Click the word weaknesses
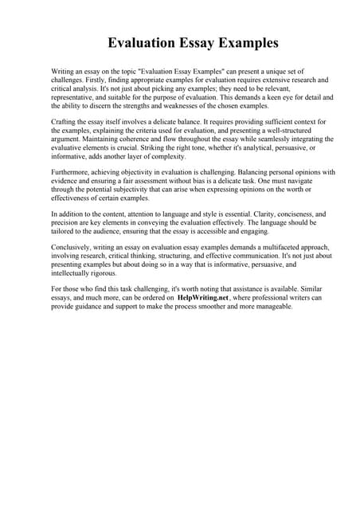click(x=186, y=106)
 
